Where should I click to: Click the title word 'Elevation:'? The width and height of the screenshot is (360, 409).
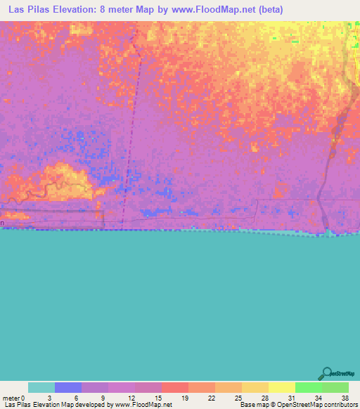tap(84, 10)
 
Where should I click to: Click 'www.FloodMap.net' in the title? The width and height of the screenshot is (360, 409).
tap(214, 10)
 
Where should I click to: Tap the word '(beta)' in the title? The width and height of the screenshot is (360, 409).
tap(269, 10)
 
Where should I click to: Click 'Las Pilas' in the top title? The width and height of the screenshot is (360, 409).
tap(30, 10)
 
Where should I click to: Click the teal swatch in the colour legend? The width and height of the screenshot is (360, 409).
tap(41, 387)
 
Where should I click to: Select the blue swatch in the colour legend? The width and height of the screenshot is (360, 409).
tap(67, 387)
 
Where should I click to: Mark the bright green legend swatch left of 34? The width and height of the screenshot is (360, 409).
tap(308, 387)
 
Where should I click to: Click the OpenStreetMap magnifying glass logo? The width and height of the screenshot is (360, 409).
tap(326, 374)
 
